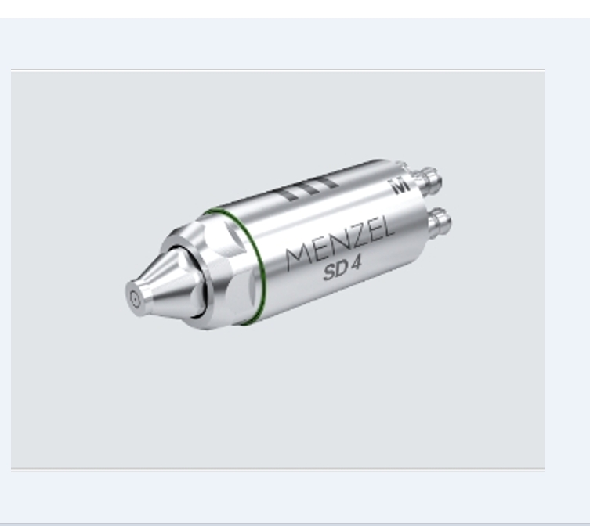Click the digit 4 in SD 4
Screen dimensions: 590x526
355,265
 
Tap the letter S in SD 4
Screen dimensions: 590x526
329,272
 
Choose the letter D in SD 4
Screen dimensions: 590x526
341,269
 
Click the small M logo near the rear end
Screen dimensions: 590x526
400,186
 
